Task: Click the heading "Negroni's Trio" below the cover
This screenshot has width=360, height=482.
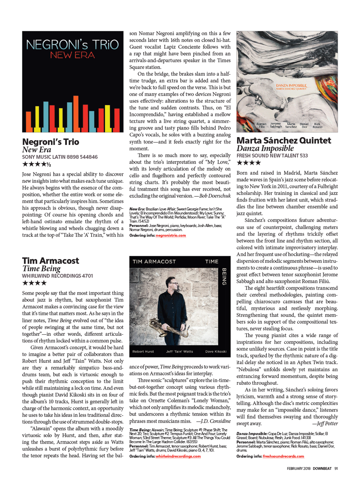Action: [x=51, y=142]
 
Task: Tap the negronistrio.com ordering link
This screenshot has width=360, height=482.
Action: [x=171, y=235]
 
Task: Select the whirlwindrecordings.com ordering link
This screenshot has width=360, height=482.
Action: [x=178, y=456]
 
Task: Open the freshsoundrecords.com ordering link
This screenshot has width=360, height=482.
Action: [x=283, y=456]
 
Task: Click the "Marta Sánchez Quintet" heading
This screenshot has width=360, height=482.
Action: [x=284, y=140]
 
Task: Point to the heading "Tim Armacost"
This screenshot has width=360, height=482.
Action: [x=51, y=261]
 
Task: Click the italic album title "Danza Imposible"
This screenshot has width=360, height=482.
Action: [x=265, y=148]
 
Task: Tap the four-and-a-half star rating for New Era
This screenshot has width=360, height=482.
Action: [x=36, y=164]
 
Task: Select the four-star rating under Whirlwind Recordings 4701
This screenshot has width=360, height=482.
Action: [x=34, y=283]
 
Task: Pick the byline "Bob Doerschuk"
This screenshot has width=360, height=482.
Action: [x=215, y=196]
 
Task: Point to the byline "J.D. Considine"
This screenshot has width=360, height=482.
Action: [x=216, y=421]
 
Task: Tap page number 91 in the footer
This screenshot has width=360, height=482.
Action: [x=336, y=468]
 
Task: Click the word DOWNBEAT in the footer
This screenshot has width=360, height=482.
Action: [x=322, y=468]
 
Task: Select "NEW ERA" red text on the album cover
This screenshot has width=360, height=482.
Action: [x=72, y=55]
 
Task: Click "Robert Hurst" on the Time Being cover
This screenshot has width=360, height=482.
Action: [x=143, y=351]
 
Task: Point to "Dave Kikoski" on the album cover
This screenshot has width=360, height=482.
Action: [x=216, y=351]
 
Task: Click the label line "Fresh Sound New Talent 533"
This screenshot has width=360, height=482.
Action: [x=272, y=156]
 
